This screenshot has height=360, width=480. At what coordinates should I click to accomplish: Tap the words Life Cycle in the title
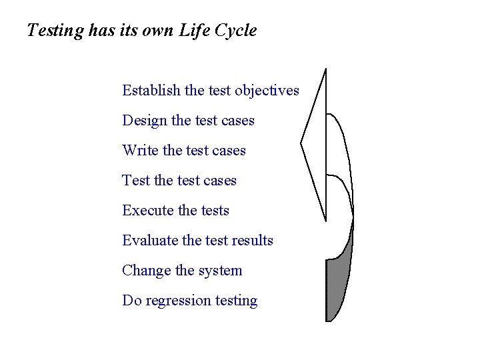click(218, 31)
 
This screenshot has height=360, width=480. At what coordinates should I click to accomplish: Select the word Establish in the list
click(152, 90)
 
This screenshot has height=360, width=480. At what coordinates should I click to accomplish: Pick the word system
click(221, 271)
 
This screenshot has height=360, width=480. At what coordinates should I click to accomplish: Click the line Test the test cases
click(179, 181)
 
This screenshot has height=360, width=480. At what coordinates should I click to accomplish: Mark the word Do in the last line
click(131, 301)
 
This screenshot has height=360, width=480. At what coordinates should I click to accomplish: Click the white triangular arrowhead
click(317, 143)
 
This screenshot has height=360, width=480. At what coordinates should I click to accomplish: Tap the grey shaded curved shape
click(337, 287)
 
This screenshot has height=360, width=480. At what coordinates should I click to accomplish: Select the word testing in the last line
click(236, 301)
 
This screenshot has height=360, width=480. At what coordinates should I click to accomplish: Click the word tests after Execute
click(215, 211)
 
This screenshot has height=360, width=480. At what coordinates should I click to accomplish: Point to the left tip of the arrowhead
click(302, 143)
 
